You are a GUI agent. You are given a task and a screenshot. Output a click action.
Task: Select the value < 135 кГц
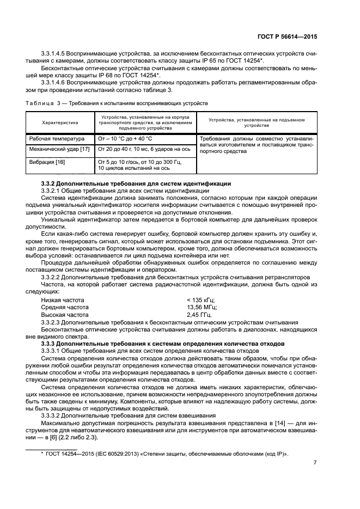click(x=201, y=300)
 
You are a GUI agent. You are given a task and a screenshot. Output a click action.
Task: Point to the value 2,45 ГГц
click(x=200, y=314)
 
